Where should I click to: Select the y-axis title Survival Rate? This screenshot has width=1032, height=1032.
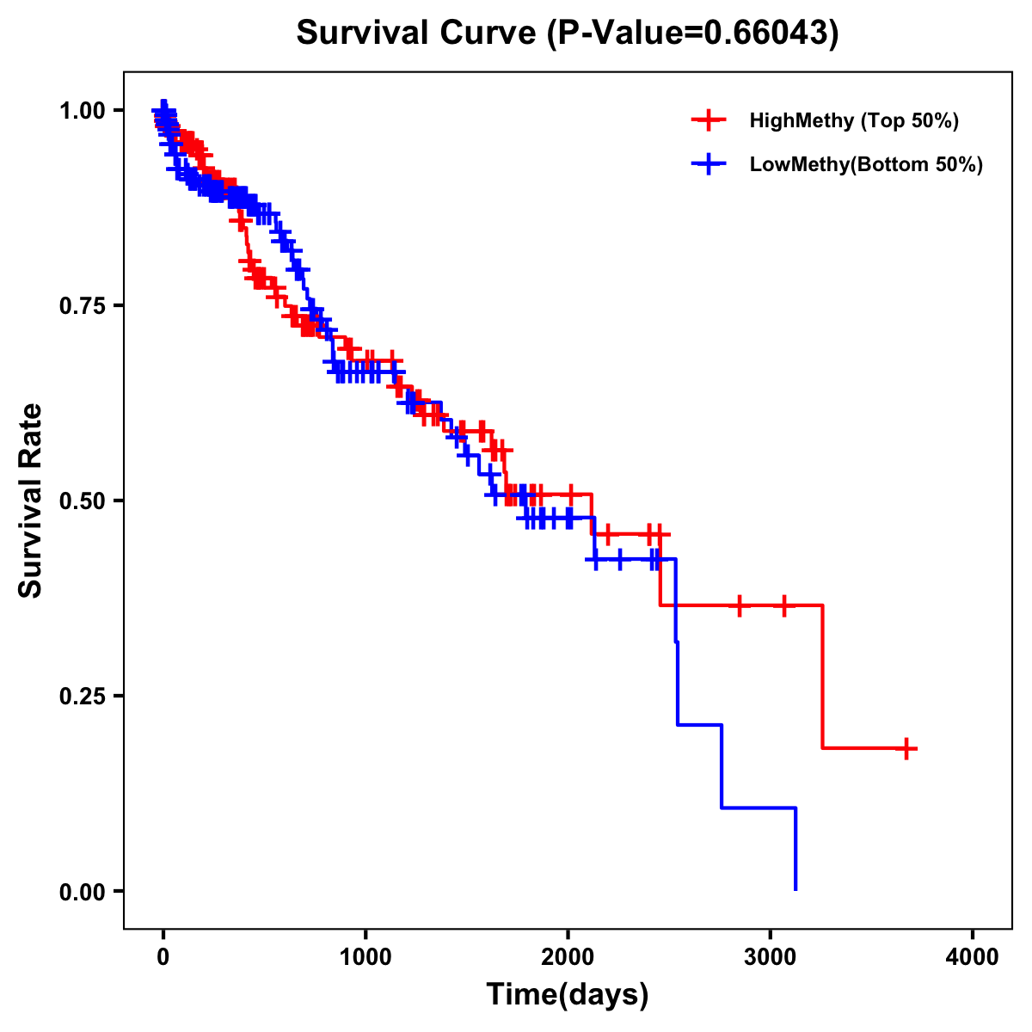(31, 501)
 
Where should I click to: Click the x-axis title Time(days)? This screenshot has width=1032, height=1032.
(568, 995)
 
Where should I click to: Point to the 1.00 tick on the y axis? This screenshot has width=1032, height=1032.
(82, 111)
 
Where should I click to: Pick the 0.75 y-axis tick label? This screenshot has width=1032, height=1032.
(82, 306)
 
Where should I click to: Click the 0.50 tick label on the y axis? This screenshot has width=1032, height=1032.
(82, 501)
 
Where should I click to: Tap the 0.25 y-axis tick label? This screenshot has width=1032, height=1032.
(82, 697)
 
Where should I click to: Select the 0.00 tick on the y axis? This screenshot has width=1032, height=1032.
(82, 892)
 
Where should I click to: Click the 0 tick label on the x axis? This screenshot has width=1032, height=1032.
(163, 957)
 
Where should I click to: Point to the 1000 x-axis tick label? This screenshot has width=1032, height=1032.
(365, 957)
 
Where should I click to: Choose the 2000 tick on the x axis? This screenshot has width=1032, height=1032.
(568, 957)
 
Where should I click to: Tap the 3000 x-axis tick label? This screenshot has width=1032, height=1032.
(771, 957)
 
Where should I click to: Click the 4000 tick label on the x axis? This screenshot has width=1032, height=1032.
(973, 957)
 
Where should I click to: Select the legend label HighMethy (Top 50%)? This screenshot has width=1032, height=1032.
(854, 121)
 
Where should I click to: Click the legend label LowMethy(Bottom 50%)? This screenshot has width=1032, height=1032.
(866, 165)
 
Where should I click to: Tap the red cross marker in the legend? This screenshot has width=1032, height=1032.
(709, 120)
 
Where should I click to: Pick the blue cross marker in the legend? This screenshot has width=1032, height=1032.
(709, 164)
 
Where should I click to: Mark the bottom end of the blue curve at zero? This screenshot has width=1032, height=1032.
(795, 888)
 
